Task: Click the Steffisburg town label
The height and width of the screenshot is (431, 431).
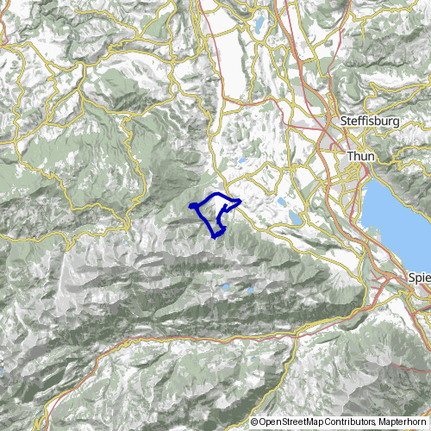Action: tap(371, 122)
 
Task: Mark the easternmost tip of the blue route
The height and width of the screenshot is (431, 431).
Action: tap(239, 203)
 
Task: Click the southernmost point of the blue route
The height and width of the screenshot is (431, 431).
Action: tap(215, 236)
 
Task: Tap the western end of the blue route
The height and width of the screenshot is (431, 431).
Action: tap(190, 206)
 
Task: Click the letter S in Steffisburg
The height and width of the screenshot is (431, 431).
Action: tap(344, 122)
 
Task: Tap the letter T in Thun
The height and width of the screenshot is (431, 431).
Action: tap(348, 156)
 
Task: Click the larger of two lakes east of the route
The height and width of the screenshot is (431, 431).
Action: tap(296, 219)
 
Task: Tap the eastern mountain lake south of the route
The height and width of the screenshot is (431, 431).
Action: tap(250, 290)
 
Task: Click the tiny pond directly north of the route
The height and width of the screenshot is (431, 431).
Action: tap(243, 159)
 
